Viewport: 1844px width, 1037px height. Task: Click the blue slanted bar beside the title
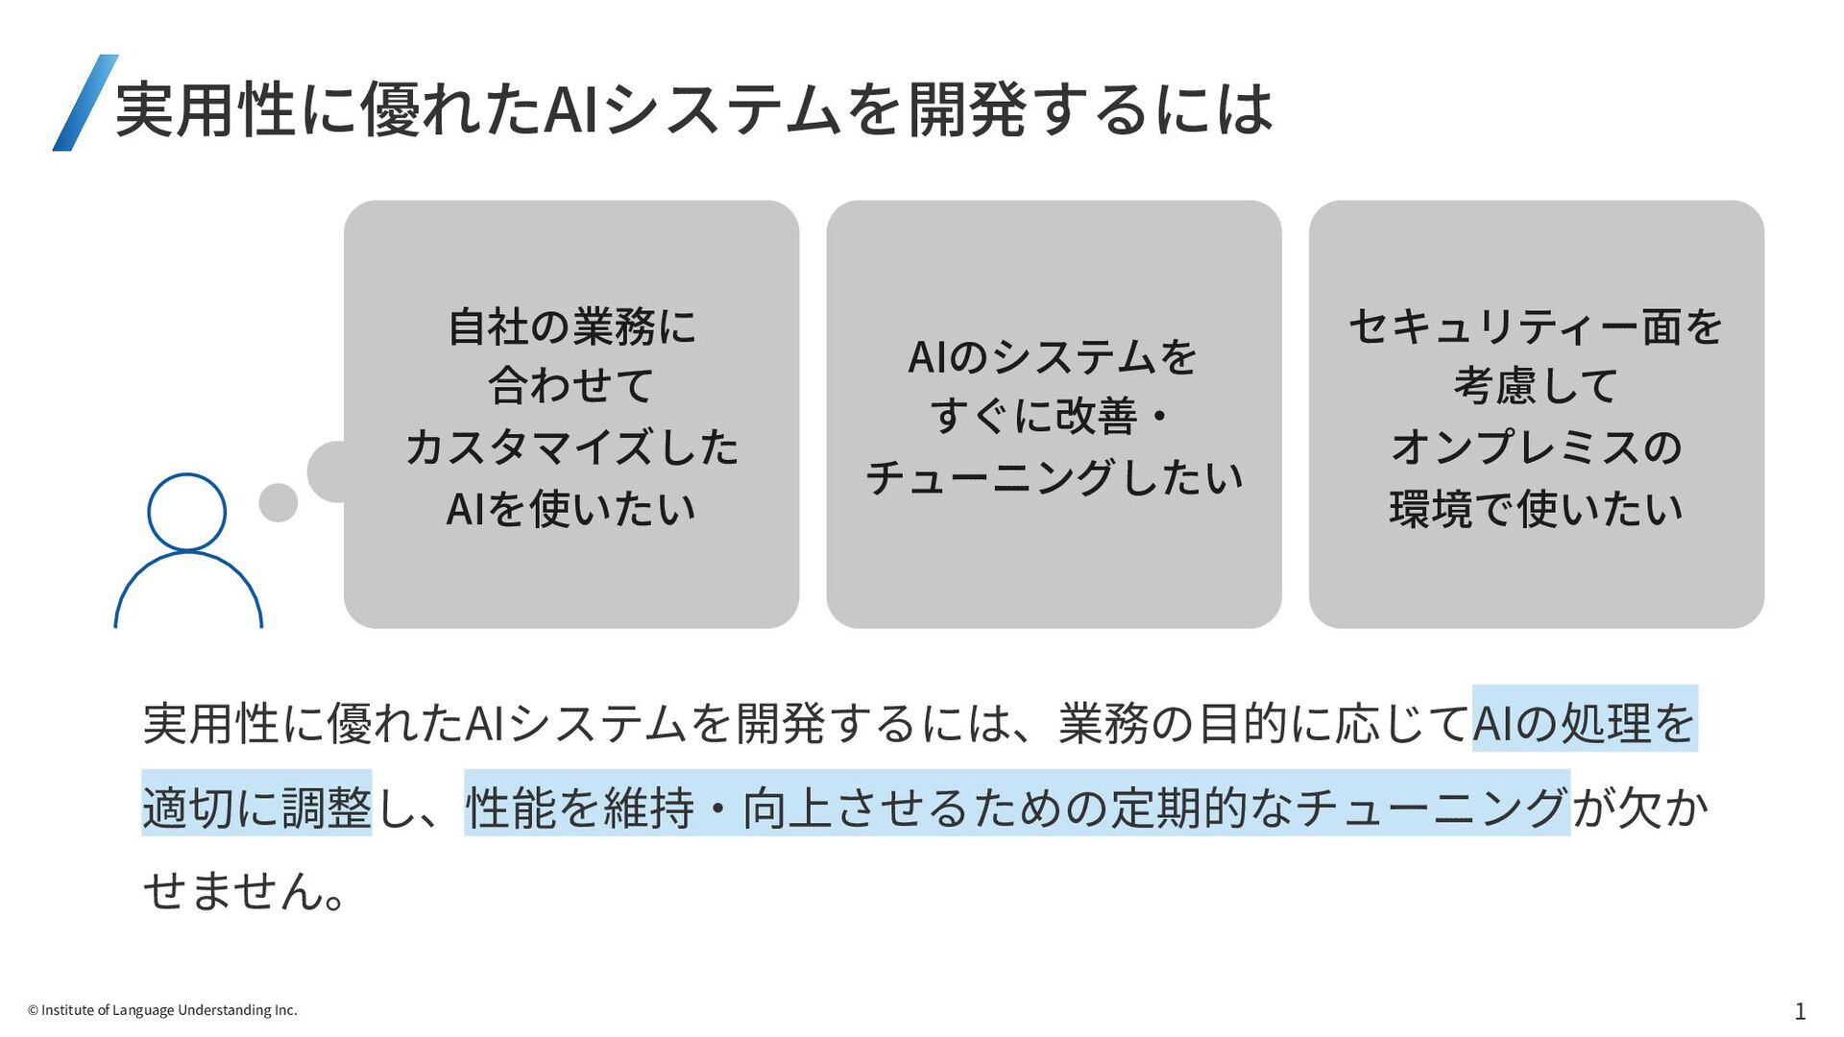[x=85, y=103]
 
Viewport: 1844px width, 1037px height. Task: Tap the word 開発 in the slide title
[x=967, y=109]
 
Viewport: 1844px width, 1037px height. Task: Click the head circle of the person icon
[x=186, y=512]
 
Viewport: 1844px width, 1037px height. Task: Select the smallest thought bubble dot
[x=279, y=502]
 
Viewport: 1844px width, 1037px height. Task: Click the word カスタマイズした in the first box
[x=571, y=447]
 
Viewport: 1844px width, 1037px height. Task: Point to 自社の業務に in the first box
[x=571, y=326]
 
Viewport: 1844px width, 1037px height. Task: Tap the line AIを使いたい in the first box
[x=571, y=508]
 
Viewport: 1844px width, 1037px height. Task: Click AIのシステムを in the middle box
[x=1053, y=357]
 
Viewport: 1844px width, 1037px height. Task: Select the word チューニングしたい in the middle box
[x=1054, y=477]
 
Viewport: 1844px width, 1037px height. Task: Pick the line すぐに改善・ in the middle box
[x=1049, y=417]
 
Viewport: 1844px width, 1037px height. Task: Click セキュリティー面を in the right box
[x=1536, y=326]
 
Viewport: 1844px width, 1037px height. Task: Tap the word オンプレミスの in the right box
[x=1536, y=447]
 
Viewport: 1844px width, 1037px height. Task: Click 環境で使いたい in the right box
[x=1536, y=508]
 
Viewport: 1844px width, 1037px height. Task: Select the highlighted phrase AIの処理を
[x=1584, y=722]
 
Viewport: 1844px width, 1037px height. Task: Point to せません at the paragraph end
[x=235, y=890]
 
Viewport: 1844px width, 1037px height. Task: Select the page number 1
[x=1800, y=1011]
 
